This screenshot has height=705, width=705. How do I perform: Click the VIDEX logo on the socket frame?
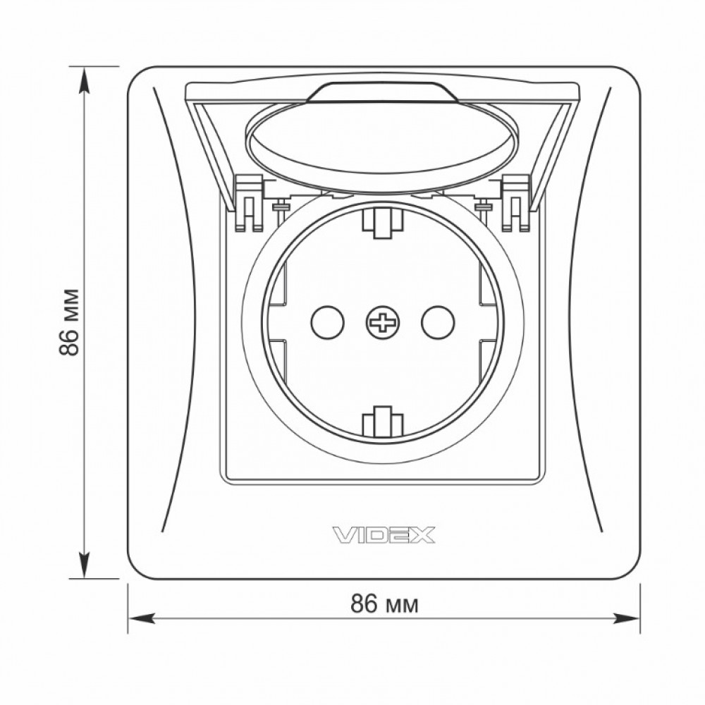[384, 535]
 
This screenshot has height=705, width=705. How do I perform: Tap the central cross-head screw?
[384, 322]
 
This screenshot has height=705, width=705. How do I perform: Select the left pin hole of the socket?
[328, 322]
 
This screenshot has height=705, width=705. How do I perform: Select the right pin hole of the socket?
[438, 322]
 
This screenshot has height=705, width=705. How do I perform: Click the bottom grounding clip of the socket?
[382, 422]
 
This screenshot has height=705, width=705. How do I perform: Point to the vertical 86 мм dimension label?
[70, 322]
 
